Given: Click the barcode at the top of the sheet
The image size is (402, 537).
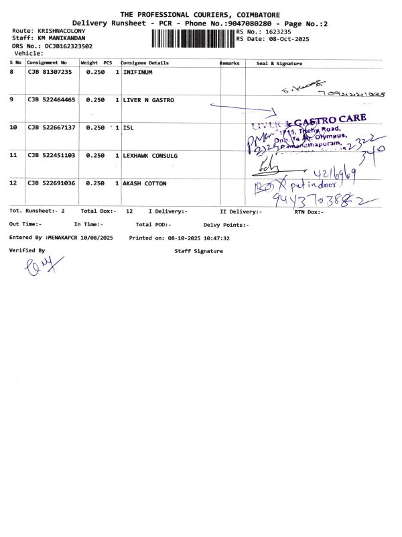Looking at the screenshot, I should [193, 39].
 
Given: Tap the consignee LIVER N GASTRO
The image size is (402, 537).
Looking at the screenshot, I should [149, 100].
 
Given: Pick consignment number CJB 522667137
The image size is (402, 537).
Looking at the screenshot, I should [52, 128].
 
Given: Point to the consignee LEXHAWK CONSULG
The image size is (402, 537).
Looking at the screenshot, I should [150, 156].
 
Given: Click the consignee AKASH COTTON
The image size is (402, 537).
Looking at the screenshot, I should [145, 183].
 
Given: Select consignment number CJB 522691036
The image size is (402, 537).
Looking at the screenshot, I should [52, 183].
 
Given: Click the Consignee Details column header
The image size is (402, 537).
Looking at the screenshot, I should [145, 63].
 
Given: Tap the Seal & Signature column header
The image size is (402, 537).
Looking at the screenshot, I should [279, 64].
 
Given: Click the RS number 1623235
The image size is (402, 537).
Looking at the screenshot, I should [277, 32].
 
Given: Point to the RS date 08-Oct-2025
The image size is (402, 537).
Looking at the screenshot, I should [283, 39].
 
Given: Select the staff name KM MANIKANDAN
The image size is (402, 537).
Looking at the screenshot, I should [61, 39].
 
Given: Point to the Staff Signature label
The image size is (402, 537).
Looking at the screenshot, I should [198, 251].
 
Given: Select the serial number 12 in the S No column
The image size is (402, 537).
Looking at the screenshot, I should [13, 183].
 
